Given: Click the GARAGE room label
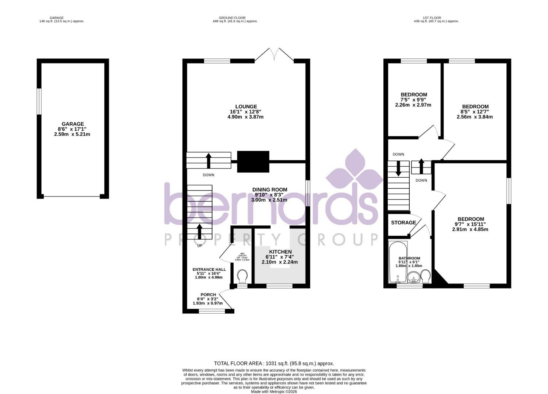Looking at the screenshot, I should pos(73,124).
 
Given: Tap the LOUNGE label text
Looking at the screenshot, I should pos(246,107).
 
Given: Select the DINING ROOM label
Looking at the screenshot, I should pos(269,190).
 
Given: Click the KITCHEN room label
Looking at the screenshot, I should pos(280,252).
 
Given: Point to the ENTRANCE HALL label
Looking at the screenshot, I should pos(209,270).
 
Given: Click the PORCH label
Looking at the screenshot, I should pos(208,295).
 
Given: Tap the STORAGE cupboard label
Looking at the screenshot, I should pos(403,223).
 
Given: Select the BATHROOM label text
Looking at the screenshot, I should pos(409,258).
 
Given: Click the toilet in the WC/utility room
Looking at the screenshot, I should pos(242,276).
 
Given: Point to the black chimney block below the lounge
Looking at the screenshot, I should pos(253,162).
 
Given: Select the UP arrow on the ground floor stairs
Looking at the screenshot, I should pos(199,231).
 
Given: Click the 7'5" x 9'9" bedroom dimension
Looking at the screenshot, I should pos(413,100).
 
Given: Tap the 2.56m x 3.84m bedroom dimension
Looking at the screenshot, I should pos(475,117).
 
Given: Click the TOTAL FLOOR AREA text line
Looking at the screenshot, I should pos(274,363).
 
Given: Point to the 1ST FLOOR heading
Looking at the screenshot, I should pos(432,18).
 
